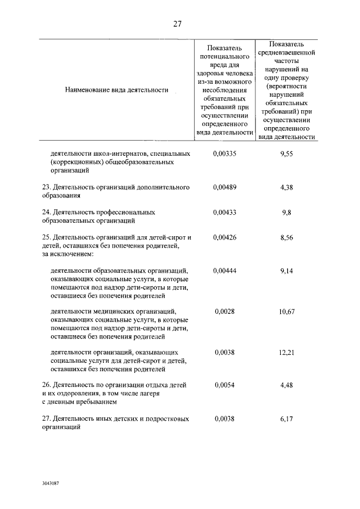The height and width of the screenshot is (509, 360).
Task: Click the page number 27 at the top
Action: [x=177, y=24]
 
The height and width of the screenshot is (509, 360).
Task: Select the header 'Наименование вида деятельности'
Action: [x=117, y=89]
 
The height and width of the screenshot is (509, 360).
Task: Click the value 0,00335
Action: [x=224, y=153]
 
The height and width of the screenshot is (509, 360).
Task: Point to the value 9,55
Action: [x=287, y=153]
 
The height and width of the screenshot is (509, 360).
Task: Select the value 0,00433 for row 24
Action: [x=224, y=213]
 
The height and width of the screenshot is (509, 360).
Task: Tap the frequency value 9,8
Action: [x=287, y=213]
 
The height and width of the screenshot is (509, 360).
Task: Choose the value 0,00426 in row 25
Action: [x=224, y=237]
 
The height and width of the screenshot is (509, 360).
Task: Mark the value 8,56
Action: [x=287, y=237]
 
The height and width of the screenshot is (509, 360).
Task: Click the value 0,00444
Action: [x=224, y=271]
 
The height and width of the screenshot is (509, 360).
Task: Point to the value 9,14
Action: [x=287, y=271]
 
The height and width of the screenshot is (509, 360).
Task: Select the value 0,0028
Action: [x=224, y=312]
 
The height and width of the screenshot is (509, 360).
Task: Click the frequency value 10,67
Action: [x=287, y=312]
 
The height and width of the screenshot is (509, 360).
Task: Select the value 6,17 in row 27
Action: [x=287, y=419]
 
